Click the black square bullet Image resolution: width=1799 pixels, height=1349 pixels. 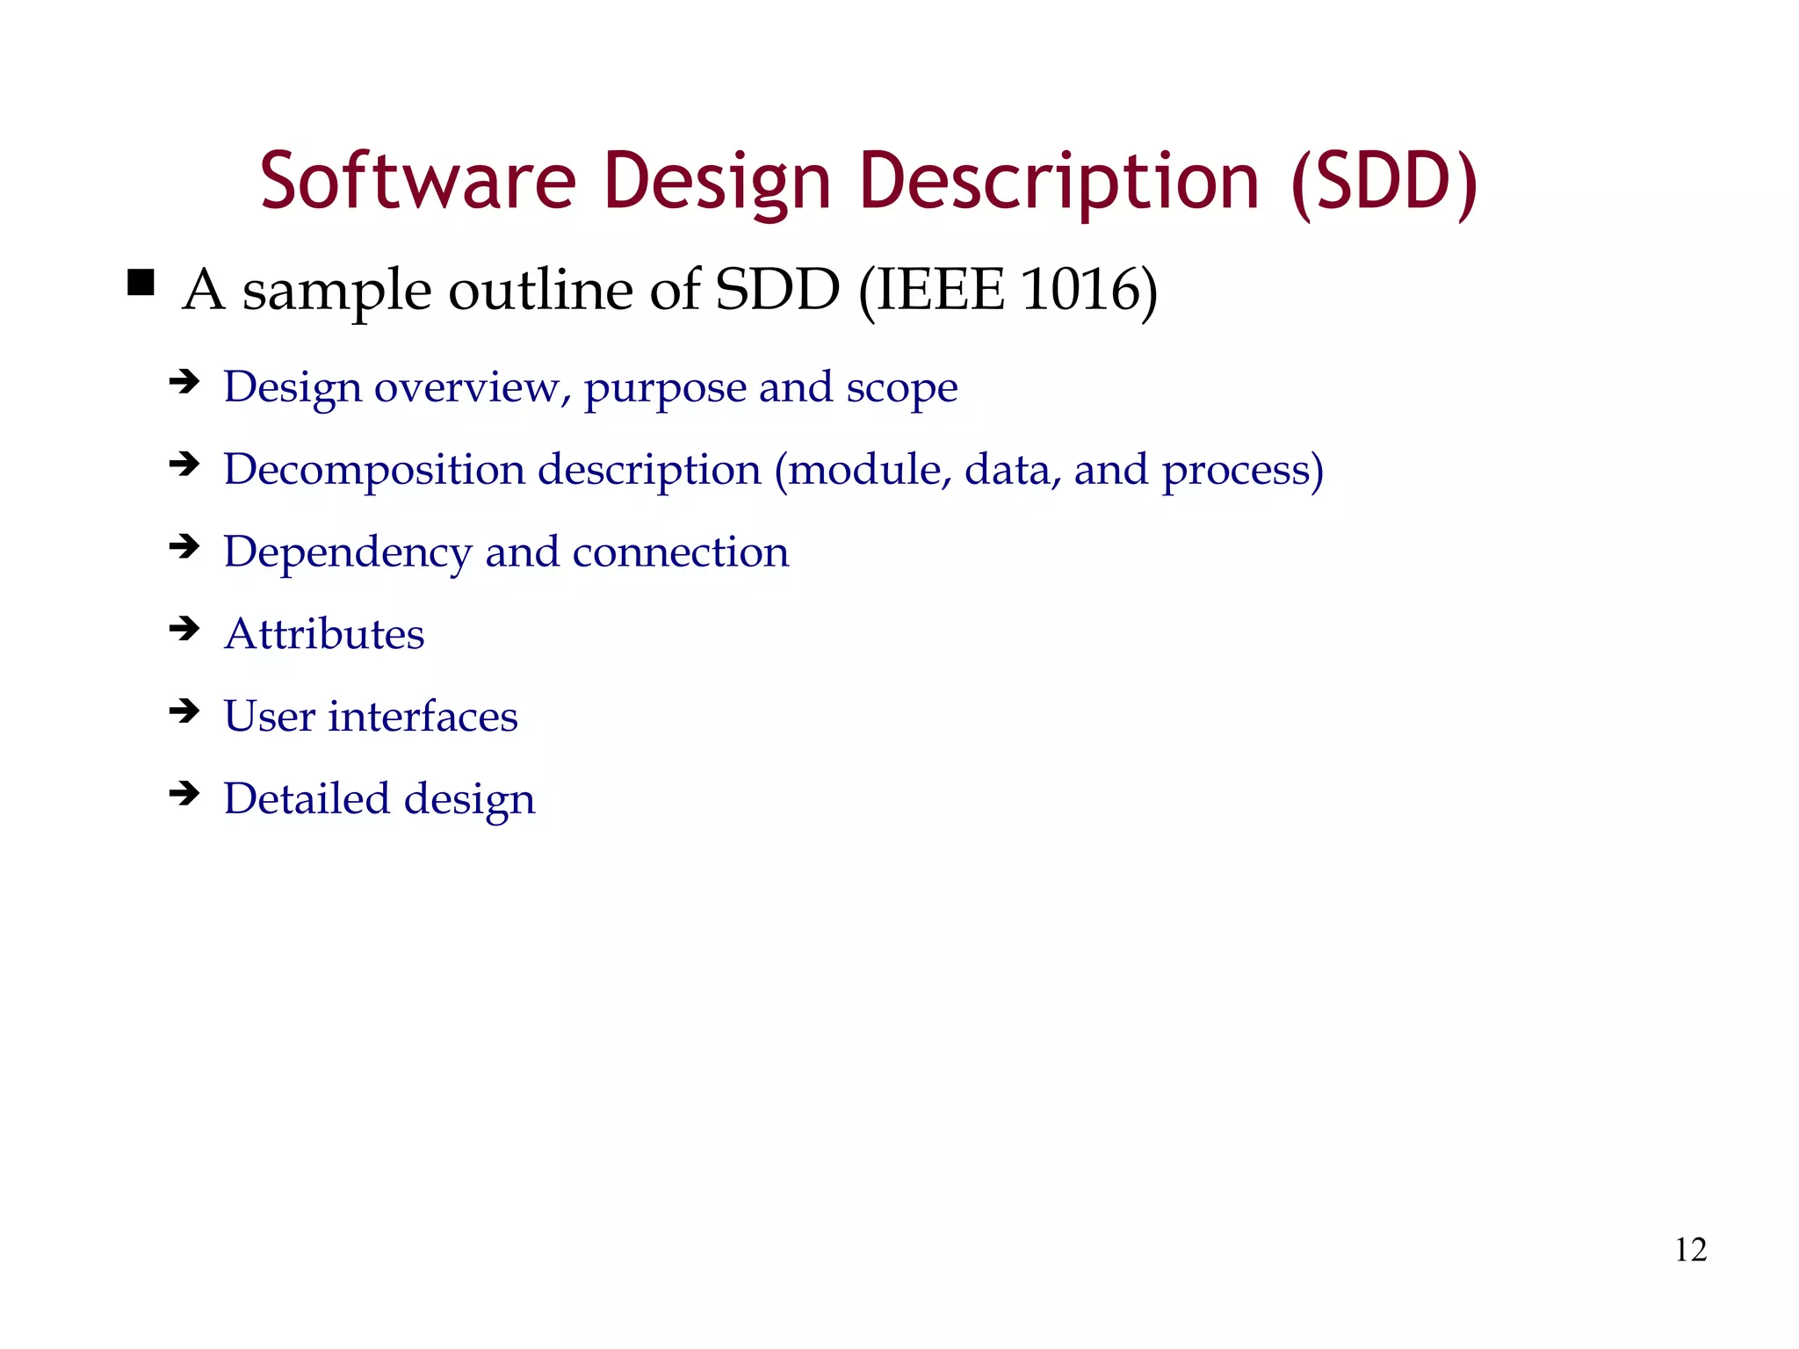[141, 283]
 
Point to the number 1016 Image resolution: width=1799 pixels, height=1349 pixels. [1080, 290]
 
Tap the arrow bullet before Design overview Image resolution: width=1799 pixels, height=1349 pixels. [184, 381]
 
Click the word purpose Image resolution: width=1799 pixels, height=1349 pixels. [664, 388]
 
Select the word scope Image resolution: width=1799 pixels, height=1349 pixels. [901, 388]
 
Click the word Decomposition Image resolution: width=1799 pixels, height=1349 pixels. [373, 471]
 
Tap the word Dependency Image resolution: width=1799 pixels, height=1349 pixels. [347, 553]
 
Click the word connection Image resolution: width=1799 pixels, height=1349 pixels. [681, 553]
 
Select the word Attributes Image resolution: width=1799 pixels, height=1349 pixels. [324, 634]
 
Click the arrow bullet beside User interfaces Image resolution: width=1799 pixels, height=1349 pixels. [184, 711]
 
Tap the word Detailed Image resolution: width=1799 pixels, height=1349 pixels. [306, 799]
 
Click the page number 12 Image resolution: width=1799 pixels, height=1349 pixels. [1690, 1250]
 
